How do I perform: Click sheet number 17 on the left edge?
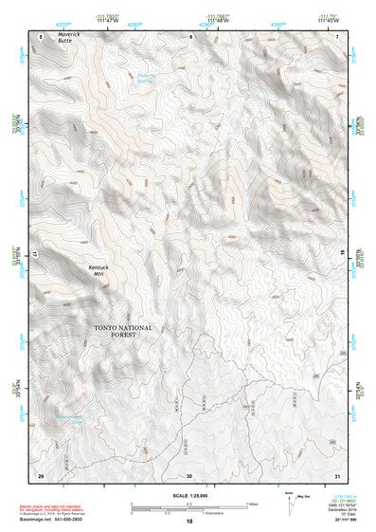(x=33, y=255)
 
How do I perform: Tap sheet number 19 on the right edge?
(x=345, y=255)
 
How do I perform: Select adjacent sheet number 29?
(x=41, y=474)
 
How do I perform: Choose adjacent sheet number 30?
(x=189, y=474)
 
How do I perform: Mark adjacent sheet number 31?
(x=337, y=474)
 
